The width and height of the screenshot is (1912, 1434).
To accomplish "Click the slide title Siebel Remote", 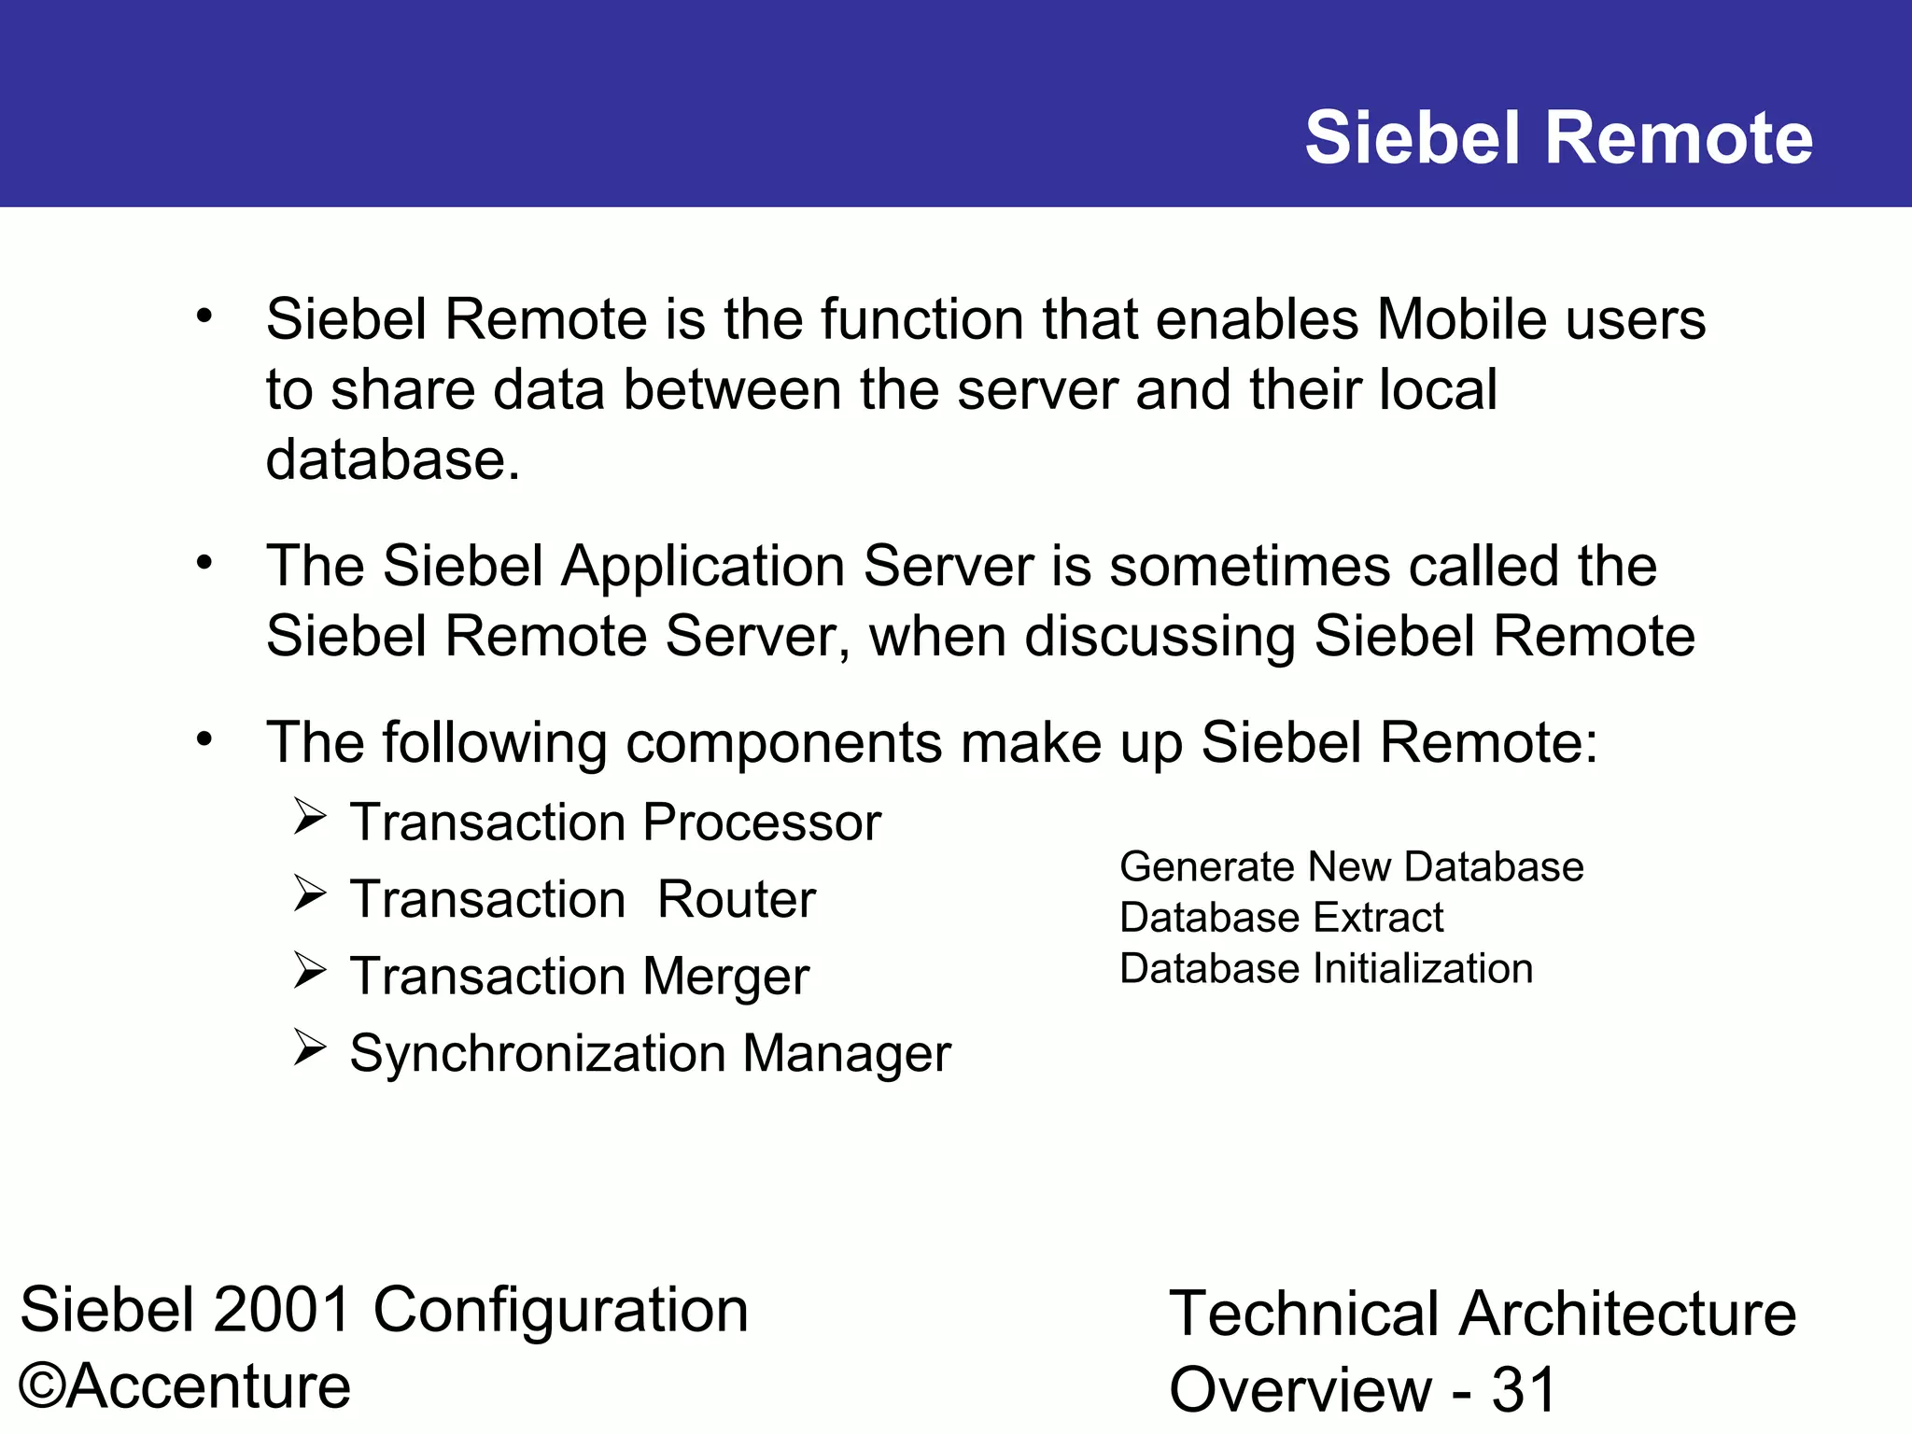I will point(1558,138).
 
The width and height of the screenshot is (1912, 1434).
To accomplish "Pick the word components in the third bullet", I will point(784,743).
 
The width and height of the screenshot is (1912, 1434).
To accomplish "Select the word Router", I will point(736,899).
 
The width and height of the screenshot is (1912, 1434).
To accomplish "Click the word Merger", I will point(725,977).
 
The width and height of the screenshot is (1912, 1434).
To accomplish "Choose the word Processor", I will point(761,822).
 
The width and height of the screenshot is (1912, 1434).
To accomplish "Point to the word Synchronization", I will point(538,1054).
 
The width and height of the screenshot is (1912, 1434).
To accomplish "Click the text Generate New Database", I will point(1351,867).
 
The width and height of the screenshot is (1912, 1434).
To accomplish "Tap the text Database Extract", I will point(1281,918).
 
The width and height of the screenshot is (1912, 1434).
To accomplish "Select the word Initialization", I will point(1423,969).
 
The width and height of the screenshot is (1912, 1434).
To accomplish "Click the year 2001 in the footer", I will point(282,1309).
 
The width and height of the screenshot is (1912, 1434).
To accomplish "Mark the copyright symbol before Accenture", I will point(41,1386).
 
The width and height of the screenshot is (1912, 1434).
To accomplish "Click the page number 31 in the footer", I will point(1524,1390).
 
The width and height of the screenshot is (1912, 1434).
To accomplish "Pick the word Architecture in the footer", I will point(1627,1314).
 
